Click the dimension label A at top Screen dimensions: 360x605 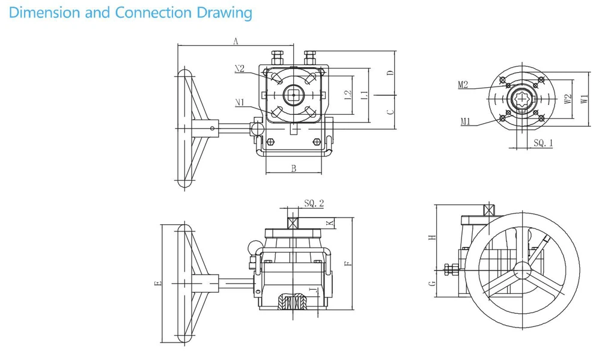coord(236,41)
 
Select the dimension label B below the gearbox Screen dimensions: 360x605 coord(294,169)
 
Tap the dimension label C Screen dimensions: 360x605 coord(389,111)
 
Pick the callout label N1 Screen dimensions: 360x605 coord(239,103)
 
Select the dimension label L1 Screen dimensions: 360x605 coord(362,95)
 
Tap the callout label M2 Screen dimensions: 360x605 coord(463,85)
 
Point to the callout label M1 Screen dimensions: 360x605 coord(465,121)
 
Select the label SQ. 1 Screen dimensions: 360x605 coord(543,143)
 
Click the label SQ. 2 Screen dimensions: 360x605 coord(314,204)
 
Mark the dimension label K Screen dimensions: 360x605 coord(329,223)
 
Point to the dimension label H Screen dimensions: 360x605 coord(430,237)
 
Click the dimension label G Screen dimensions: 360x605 coord(430,284)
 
